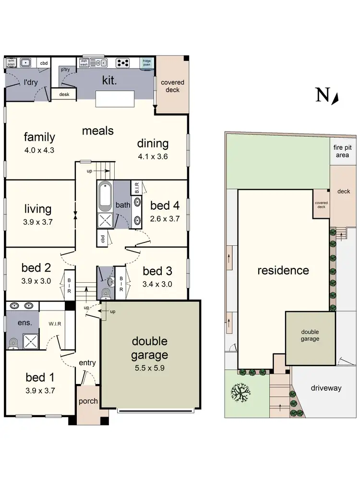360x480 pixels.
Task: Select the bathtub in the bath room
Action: [105, 197]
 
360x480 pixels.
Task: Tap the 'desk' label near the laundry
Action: [64, 95]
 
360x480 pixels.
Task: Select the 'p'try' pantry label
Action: [65, 70]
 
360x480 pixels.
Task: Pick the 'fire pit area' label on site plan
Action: [343, 151]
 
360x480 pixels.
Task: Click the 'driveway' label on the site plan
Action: [325, 387]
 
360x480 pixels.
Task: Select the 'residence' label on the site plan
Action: [283, 270]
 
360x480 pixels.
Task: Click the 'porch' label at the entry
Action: [88, 401]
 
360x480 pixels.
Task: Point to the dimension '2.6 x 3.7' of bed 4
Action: [164, 219]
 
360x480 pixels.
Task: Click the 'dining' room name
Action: [153, 144]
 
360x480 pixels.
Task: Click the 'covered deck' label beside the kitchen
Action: [172, 86]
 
